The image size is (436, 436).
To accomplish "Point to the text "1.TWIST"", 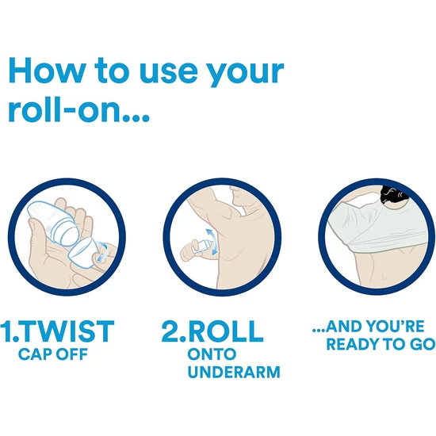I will click(x=59, y=330).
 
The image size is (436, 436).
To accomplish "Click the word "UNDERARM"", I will click(x=233, y=372).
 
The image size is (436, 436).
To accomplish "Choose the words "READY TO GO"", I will click(x=380, y=344).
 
